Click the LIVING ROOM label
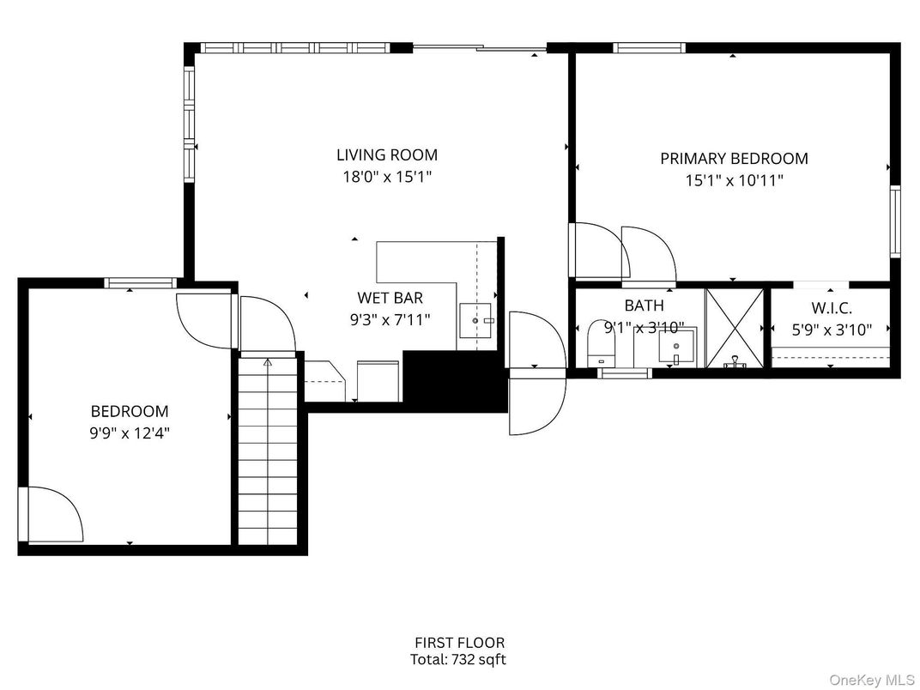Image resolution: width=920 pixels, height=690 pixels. pos(386,155)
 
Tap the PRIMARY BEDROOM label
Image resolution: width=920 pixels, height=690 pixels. pos(734,159)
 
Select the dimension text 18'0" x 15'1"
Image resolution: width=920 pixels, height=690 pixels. pos(386,178)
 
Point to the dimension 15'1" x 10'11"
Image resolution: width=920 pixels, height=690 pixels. pos(734,181)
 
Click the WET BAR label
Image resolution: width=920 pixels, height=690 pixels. pos(390,299)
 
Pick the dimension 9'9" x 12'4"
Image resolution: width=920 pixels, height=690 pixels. pos(130,433)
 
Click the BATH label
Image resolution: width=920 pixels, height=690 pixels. pos(644,305)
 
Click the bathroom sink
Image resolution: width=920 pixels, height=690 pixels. pos(675,347)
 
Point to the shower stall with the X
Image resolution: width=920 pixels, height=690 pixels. pos(734,329)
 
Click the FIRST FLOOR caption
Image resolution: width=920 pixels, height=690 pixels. pos(459,642)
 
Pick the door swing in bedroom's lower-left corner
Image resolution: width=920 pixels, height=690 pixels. pos(51,515)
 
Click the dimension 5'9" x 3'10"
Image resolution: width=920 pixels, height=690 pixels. pos(831,329)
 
